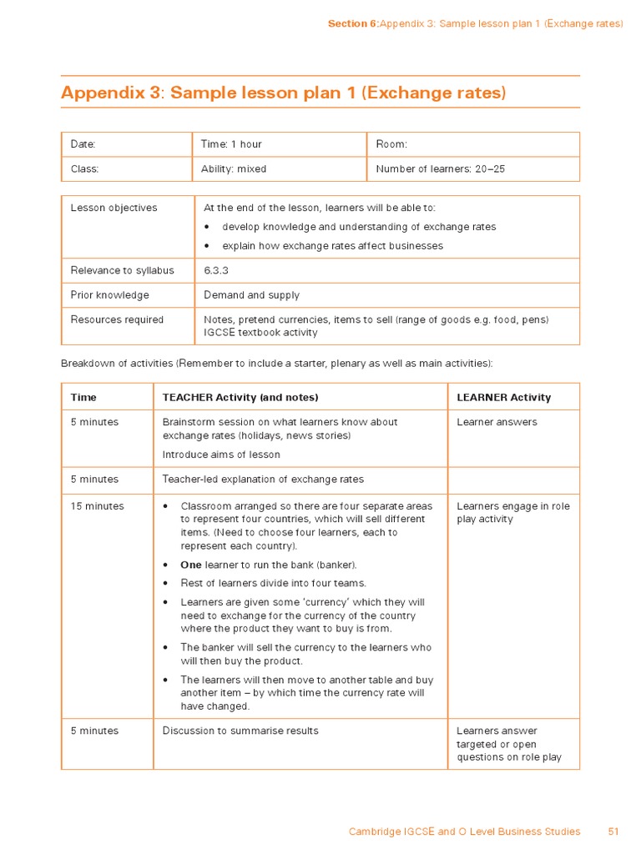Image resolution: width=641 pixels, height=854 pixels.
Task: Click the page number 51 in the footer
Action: (x=613, y=831)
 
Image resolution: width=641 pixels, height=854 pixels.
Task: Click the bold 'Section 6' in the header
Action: (x=352, y=23)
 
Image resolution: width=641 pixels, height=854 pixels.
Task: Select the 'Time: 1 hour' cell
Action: (x=231, y=144)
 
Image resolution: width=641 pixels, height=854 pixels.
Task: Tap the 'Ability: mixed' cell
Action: (x=234, y=168)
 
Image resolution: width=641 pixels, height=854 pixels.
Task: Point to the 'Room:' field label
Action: (x=391, y=144)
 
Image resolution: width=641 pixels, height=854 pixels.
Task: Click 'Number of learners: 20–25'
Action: (x=440, y=168)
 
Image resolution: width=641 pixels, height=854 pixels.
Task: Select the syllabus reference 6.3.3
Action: (x=216, y=270)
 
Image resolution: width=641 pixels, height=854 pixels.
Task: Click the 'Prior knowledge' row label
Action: (x=109, y=295)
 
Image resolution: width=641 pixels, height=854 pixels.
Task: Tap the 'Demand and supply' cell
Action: (x=251, y=295)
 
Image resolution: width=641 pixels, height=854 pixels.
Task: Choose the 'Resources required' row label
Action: (x=117, y=319)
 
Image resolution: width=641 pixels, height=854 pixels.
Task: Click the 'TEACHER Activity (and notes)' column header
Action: (x=240, y=397)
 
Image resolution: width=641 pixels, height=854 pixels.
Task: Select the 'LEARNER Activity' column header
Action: (x=504, y=397)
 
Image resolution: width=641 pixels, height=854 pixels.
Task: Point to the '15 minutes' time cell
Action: (x=97, y=506)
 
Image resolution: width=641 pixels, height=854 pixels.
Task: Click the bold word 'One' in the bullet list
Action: (x=191, y=565)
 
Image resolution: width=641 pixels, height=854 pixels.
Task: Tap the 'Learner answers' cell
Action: (x=497, y=422)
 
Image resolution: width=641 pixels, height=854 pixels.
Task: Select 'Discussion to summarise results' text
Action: (x=240, y=731)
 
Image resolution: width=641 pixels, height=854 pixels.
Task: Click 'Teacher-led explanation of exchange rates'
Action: (x=263, y=480)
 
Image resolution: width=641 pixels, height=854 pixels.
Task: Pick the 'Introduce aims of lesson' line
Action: (x=221, y=455)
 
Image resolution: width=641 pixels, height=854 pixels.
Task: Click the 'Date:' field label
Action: (x=83, y=144)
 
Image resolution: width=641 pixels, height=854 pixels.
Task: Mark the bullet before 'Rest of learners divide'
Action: (x=167, y=584)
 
